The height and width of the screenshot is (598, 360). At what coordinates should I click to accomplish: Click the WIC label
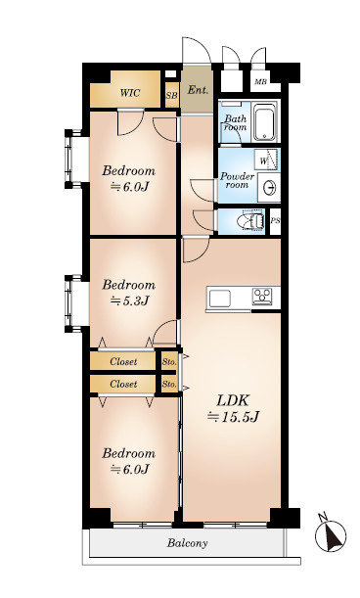(130, 93)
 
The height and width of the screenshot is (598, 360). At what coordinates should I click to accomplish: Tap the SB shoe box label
(171, 95)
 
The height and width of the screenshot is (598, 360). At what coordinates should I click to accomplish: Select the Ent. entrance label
(198, 90)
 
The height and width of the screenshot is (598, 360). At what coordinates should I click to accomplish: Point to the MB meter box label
(261, 81)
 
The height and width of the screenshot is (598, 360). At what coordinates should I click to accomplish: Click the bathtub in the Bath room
(265, 121)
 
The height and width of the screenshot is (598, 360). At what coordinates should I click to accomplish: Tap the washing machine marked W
(266, 160)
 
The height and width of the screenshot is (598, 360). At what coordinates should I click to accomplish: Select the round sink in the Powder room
(270, 188)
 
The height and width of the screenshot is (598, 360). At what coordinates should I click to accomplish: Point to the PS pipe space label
(275, 221)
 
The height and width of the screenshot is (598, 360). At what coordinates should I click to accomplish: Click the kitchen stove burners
(262, 296)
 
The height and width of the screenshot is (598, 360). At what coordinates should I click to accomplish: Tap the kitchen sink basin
(220, 298)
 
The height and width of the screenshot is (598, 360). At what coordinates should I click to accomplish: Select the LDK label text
(233, 401)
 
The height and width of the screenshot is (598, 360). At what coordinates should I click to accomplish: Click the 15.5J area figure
(233, 417)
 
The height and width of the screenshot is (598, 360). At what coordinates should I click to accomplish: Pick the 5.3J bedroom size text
(129, 301)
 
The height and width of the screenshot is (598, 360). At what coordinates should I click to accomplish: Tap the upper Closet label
(123, 361)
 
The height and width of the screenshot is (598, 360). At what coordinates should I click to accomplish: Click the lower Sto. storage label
(169, 384)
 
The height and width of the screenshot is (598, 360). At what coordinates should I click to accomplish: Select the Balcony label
(187, 542)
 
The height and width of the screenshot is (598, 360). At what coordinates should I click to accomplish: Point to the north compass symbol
(331, 534)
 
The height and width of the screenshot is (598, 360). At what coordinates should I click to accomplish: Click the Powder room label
(237, 181)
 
